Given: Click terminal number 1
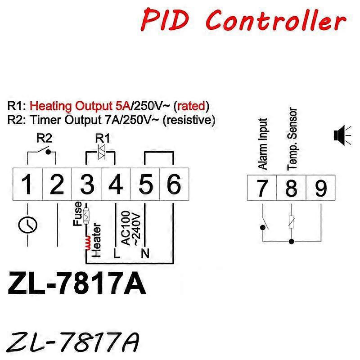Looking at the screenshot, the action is click(27, 184).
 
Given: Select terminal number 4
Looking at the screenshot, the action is click(116, 184).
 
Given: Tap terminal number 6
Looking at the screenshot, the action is click(174, 184).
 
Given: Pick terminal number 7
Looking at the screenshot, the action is click(262, 188).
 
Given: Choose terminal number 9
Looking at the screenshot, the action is click(321, 188).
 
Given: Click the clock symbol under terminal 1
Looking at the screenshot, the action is click(27, 225).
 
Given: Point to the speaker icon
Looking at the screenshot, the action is click(342, 135).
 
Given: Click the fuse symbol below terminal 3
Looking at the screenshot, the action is click(86, 216).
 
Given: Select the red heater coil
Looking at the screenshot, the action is click(87, 243).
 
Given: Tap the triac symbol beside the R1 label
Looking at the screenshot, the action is click(102, 152).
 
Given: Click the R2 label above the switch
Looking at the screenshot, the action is click(44, 138).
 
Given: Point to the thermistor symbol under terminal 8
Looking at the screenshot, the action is click(291, 222).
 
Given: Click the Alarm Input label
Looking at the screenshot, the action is click(262, 144).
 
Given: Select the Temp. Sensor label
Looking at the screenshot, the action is click(292, 139).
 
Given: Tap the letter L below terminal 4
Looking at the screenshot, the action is click(117, 253).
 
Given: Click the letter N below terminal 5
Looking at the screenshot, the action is click(145, 253).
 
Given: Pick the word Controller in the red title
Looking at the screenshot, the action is click(275, 20).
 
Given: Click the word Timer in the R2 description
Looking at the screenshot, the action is click(46, 120).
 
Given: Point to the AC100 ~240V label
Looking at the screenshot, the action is click(130, 229).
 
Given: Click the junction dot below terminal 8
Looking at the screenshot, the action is click(291, 242).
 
